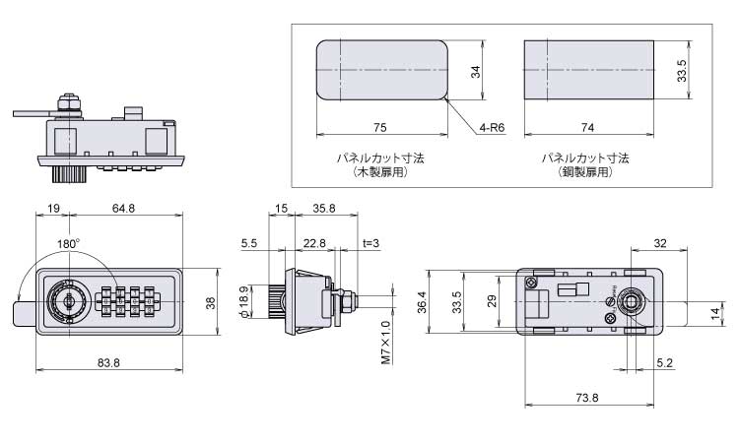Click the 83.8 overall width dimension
pyautogui.click(x=108, y=362)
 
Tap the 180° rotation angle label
pyautogui.click(x=69, y=244)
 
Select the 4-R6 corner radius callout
pyautogui.click(x=492, y=127)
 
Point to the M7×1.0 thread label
pyautogui.click(x=385, y=343)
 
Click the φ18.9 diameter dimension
pyautogui.click(x=243, y=302)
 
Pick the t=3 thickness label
pyautogui.click(x=370, y=243)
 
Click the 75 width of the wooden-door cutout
pyautogui.click(x=380, y=127)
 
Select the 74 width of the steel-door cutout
pyautogui.click(x=587, y=127)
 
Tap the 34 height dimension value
pyautogui.click(x=476, y=72)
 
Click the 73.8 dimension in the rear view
pyautogui.click(x=587, y=398)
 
